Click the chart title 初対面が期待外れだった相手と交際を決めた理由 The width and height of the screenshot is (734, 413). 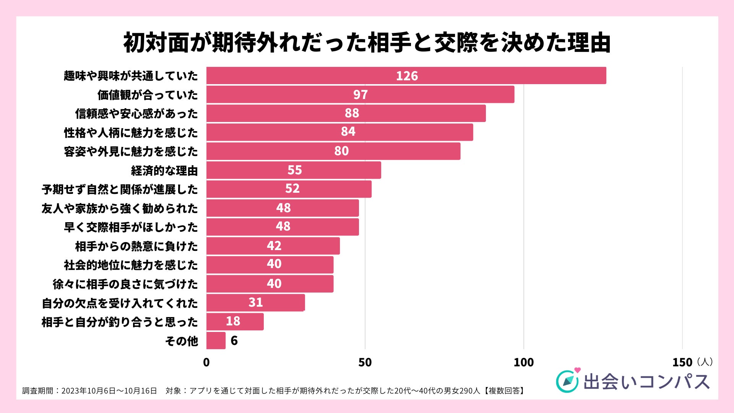(367, 42)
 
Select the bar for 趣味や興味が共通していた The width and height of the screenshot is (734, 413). (406, 75)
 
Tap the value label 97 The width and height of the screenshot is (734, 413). (360, 94)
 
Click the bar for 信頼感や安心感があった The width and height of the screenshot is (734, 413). (346, 113)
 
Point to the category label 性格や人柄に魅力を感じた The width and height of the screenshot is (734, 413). (131, 133)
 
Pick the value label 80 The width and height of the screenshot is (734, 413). (341, 151)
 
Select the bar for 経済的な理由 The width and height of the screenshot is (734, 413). (294, 170)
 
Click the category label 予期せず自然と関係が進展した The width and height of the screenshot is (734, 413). (120, 189)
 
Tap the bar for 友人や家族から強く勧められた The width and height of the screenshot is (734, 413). (283, 208)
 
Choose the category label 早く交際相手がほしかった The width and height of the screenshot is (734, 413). (131, 227)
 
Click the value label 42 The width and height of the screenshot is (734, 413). (274, 246)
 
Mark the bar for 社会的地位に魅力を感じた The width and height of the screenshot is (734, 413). (270, 265)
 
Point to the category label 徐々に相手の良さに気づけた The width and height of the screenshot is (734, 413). (125, 284)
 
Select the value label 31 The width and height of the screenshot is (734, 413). (255, 302)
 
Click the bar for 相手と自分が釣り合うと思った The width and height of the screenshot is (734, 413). (235, 321)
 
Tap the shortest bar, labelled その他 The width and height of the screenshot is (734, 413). (216, 340)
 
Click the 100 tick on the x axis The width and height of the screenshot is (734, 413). (523, 362)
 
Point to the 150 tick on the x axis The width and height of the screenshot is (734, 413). (682, 362)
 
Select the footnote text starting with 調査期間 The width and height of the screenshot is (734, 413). (273, 391)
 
